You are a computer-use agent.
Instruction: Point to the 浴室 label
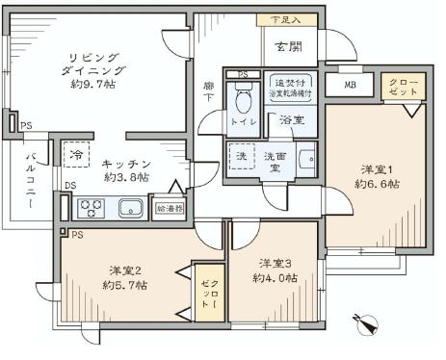pos(292,120)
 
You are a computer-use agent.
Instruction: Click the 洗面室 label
pos(275,161)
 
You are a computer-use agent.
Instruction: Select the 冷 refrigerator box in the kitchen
pos(75,154)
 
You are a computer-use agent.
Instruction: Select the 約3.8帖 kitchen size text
pos(125,177)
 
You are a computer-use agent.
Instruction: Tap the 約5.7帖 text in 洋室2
pos(125,286)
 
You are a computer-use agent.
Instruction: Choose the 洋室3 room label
pos(275,262)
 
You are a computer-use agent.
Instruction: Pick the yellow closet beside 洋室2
pos(209,290)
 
